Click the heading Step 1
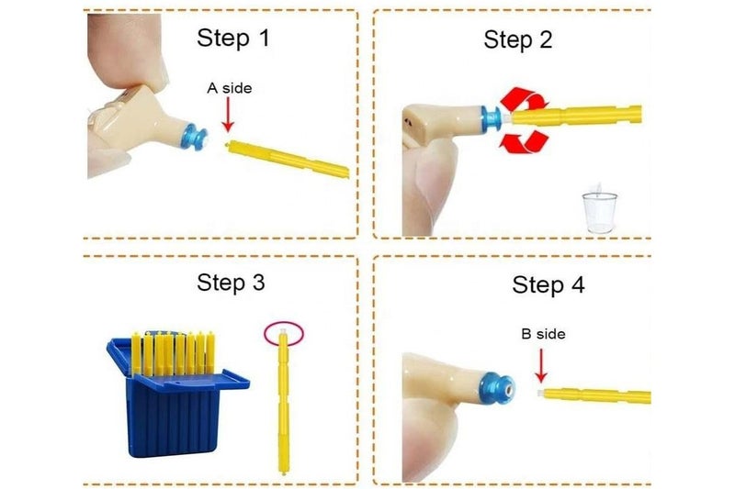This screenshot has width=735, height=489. [x=233, y=38]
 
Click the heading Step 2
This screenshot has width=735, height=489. [x=518, y=39]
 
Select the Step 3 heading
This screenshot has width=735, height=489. [x=231, y=283]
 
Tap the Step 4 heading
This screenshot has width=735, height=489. [x=548, y=284]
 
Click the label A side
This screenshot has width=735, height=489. [x=229, y=88]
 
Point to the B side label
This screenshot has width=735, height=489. [x=543, y=334]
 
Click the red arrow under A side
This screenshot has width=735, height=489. [x=228, y=115]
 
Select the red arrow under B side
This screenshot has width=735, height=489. [x=541, y=365]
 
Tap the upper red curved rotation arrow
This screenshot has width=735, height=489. [x=524, y=99]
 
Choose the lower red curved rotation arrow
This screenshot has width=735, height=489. [x=524, y=141]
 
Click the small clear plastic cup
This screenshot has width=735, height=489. [x=600, y=211]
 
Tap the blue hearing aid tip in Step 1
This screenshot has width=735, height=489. [x=195, y=137]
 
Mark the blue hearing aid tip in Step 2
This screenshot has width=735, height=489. [x=492, y=119]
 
